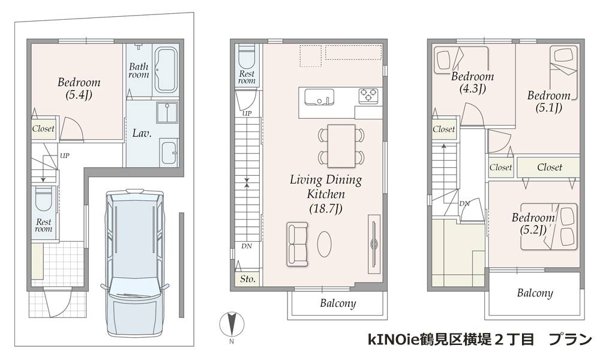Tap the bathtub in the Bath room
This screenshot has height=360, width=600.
(x=166, y=70)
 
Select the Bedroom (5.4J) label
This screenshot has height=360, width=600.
(x=79, y=88)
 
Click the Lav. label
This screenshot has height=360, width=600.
(x=142, y=134)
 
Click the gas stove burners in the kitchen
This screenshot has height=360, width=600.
(x=368, y=95)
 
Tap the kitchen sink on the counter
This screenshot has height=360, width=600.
(x=319, y=97)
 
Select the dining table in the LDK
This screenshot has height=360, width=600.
(x=341, y=146)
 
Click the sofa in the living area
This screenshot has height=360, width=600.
(x=298, y=244)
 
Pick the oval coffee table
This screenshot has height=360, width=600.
(x=325, y=244)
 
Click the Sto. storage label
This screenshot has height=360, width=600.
(x=248, y=279)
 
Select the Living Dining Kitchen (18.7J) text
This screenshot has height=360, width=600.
(x=326, y=194)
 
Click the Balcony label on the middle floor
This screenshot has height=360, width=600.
(x=338, y=304)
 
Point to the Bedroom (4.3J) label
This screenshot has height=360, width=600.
(x=472, y=82)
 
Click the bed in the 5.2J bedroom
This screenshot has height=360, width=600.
(x=549, y=227)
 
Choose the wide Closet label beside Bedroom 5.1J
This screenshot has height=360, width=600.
(x=550, y=167)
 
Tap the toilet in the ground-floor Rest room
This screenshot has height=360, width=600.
(x=43, y=200)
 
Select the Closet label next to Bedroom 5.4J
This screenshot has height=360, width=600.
(x=43, y=128)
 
